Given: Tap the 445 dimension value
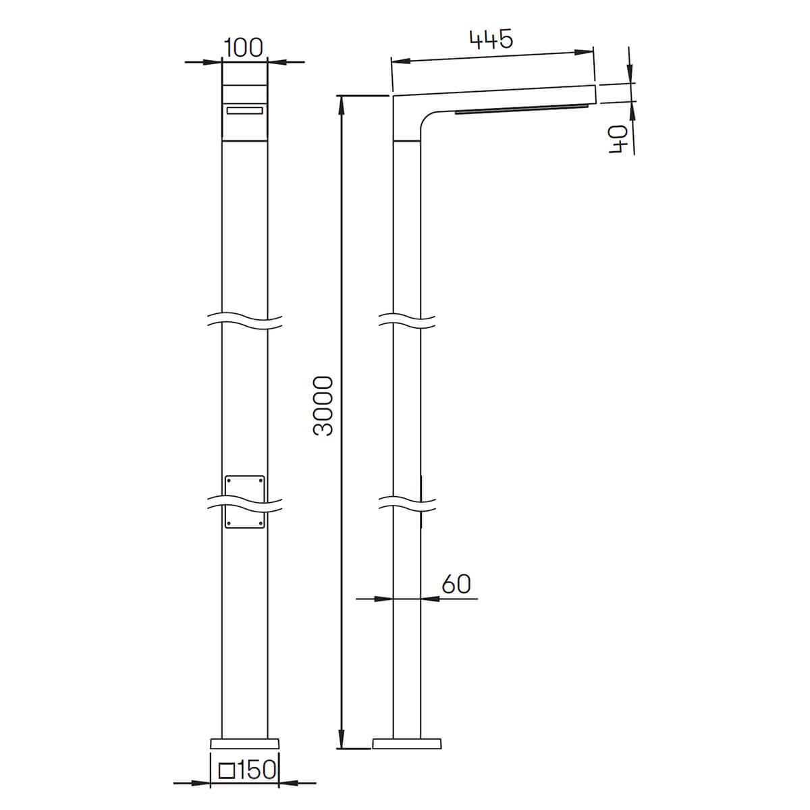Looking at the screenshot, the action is pyautogui.click(x=491, y=40).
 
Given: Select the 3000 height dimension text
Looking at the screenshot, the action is pyautogui.click(x=323, y=406).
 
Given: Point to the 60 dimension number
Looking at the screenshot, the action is pyautogui.click(x=456, y=585).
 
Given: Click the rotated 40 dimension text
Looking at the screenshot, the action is pyautogui.click(x=618, y=140).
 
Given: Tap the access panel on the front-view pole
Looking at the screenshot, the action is pyautogui.click(x=245, y=502).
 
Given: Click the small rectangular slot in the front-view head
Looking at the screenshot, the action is pyautogui.click(x=244, y=111).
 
